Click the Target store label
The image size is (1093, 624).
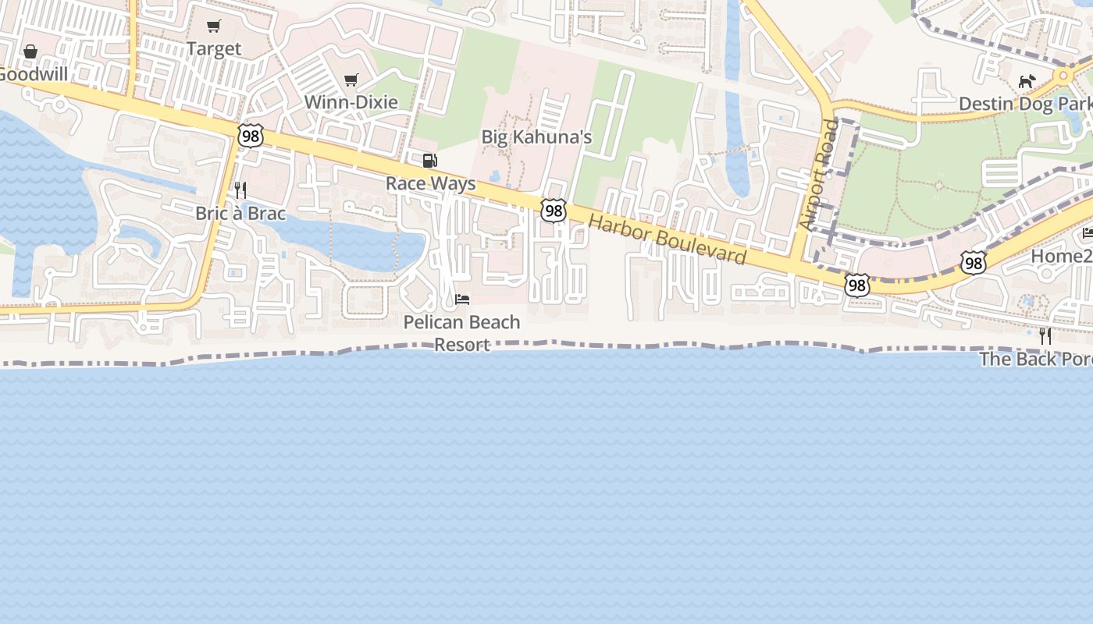coord(214,49)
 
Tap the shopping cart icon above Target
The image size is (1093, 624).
coord(214,27)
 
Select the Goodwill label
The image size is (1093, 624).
coord(33,75)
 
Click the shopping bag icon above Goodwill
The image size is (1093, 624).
coord(30,51)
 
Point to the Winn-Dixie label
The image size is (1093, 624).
coord(351,102)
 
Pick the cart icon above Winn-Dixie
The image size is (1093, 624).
coord(351,80)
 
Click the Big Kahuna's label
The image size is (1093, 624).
coord(536,137)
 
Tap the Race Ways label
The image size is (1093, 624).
coord(430,184)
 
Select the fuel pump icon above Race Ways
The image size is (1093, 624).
coord(429,161)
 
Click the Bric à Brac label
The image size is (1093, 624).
coord(240,213)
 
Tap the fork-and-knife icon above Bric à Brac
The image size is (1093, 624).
coord(240,190)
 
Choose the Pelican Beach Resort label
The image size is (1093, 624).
coord(461,333)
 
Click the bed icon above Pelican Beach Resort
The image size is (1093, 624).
coord(462,300)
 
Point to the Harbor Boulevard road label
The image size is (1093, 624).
coord(668,239)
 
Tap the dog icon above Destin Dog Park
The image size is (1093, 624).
coord(1027,81)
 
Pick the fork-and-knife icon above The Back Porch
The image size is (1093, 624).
coord(1045,335)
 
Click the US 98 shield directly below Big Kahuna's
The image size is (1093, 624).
coord(553,210)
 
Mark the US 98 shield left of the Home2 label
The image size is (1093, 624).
coord(973,263)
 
